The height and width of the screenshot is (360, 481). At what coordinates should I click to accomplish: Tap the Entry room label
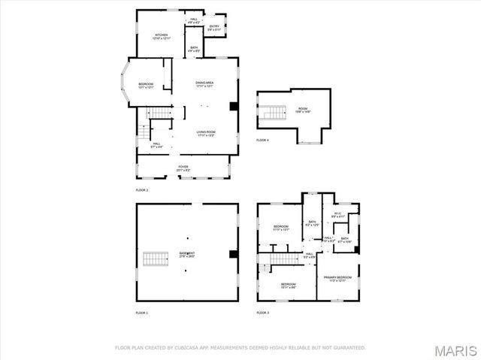pyautogui.click(x=215, y=28)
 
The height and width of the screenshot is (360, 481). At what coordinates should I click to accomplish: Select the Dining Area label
pyautogui.click(x=206, y=83)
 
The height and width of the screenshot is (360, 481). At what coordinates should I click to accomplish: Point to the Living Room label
pyautogui.click(x=206, y=134)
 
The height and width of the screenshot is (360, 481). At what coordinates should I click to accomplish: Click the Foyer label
pyautogui.click(x=183, y=168)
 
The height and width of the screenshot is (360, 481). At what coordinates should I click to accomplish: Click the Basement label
pyautogui.click(x=186, y=254)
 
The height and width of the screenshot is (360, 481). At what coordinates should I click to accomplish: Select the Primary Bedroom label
pyautogui.click(x=337, y=279)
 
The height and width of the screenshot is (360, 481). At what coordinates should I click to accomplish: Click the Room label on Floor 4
pyautogui.click(x=303, y=110)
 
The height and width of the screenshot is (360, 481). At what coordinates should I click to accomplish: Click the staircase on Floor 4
pyautogui.click(x=274, y=113)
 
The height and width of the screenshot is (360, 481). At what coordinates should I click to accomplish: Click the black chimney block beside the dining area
pyautogui.click(x=234, y=106)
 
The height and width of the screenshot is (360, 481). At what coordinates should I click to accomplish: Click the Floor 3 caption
pyautogui.click(x=262, y=312)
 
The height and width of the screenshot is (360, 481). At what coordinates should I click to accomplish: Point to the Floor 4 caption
pyautogui.click(x=262, y=141)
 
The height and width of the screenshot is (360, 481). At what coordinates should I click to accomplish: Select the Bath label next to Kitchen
pyautogui.click(x=194, y=49)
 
